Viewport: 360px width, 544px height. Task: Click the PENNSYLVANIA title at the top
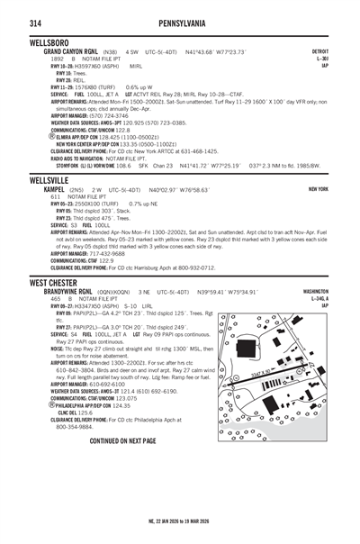click(x=179, y=22)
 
